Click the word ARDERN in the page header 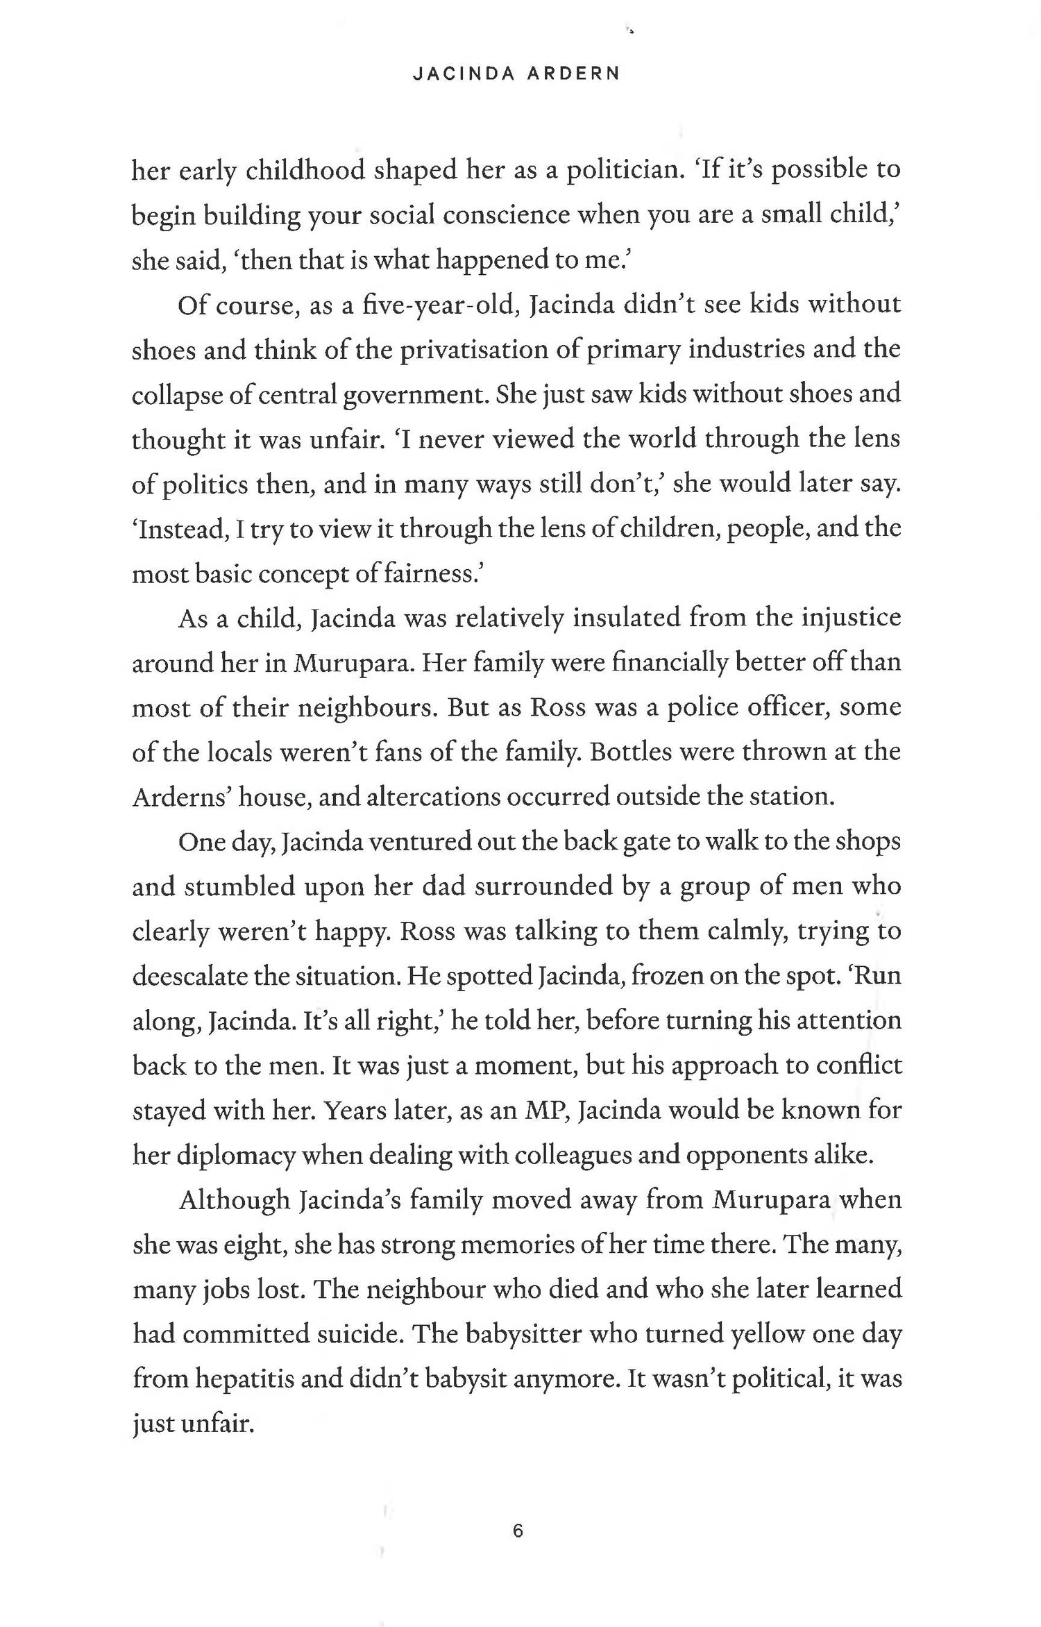(x=573, y=74)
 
